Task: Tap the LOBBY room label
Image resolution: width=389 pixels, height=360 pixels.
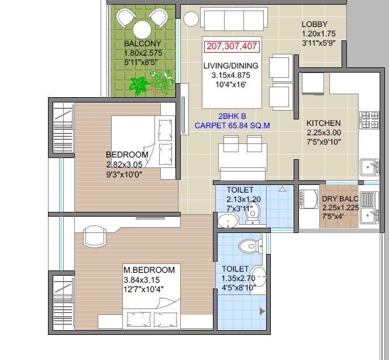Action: tap(318, 24)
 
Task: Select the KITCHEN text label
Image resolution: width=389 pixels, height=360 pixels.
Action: tap(323, 124)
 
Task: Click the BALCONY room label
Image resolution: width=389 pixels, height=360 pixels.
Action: tap(143, 44)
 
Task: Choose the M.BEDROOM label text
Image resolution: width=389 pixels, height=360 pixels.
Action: tap(149, 270)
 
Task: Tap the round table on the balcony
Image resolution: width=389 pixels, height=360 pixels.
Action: tap(142, 29)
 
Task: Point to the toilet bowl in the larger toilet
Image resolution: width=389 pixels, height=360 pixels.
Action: tap(252, 246)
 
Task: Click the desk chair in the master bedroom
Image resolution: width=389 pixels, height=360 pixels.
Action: tap(96, 236)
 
